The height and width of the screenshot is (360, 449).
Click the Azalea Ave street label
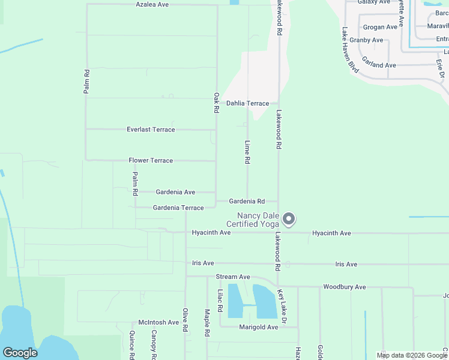(152, 4)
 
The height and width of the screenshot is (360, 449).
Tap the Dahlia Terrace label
(247, 103)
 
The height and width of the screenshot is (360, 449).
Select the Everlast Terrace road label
(151, 130)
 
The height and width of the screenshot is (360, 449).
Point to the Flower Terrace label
(151, 161)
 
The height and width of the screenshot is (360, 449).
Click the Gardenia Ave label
(175, 192)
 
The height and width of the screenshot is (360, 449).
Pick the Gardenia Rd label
(247, 202)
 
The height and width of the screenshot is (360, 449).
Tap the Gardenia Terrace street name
(178, 208)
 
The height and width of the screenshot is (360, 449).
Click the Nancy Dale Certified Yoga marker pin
(289, 219)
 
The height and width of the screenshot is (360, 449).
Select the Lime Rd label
(247, 153)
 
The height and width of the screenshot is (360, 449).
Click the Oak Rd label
(216, 103)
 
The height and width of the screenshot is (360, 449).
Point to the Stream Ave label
(233, 277)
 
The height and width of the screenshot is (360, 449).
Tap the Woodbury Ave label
(344, 287)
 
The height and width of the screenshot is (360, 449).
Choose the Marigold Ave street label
(259, 327)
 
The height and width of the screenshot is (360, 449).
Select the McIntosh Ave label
(158, 322)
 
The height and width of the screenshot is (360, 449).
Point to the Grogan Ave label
(380, 27)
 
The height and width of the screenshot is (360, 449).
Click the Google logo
(20, 353)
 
